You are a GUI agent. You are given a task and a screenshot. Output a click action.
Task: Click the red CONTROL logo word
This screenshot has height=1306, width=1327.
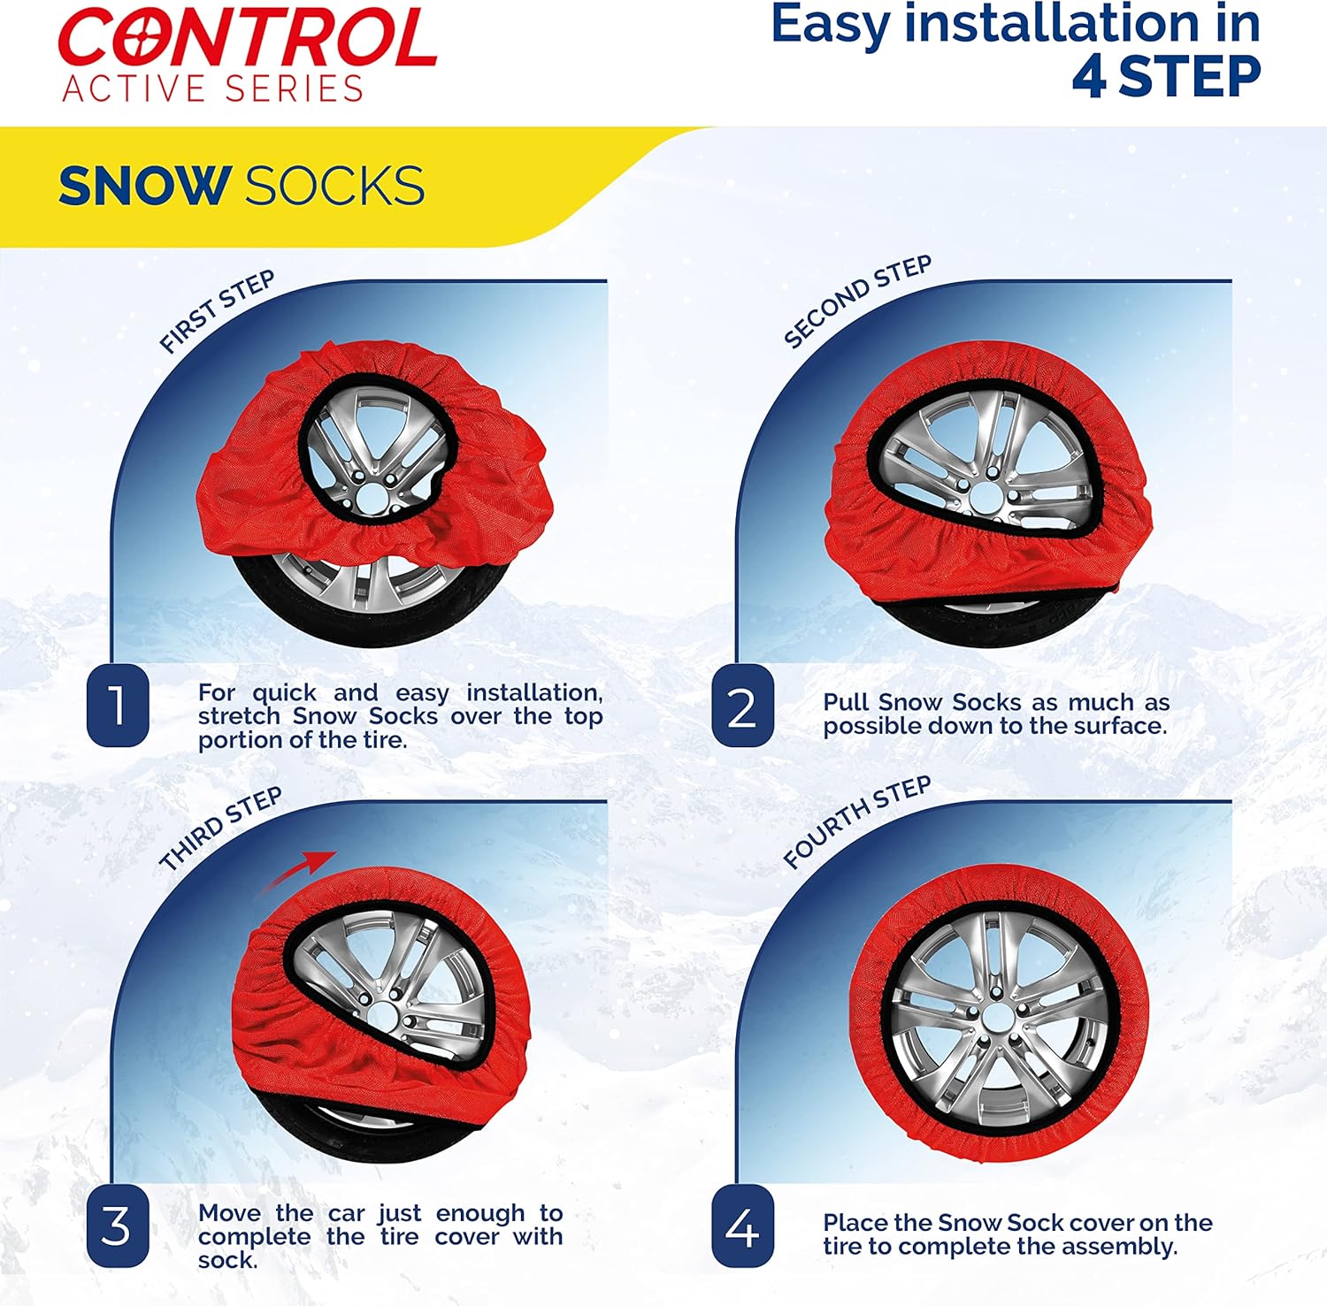click(x=247, y=38)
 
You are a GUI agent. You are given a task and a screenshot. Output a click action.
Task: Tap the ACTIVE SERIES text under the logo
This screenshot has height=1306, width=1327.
click(x=213, y=89)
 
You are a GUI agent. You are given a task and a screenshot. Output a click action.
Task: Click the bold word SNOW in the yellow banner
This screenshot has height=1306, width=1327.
click(x=145, y=186)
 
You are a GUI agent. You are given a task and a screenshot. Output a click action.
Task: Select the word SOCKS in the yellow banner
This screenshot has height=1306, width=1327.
click(x=334, y=186)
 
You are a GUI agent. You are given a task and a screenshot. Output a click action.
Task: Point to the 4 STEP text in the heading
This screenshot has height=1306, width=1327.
click(x=1166, y=76)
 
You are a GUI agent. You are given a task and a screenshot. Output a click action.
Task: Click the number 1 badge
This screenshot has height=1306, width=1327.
click(x=118, y=706)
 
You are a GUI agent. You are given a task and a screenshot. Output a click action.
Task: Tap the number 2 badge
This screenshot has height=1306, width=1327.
click(x=742, y=706)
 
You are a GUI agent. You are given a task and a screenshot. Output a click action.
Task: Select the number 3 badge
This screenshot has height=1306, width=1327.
click(x=118, y=1226)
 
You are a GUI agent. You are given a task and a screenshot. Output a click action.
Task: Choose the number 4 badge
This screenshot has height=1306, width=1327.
click(x=742, y=1226)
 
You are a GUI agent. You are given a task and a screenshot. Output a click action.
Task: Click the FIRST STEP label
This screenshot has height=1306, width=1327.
click(x=217, y=311)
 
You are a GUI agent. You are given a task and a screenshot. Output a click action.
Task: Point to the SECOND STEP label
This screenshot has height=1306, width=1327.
click(x=857, y=301)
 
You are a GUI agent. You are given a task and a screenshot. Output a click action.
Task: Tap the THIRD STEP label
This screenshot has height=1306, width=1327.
click(x=220, y=829)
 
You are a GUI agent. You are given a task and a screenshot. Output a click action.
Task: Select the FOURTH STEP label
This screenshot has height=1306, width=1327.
click(x=856, y=821)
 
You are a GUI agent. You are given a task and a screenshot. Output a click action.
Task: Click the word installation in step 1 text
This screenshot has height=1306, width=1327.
click(x=534, y=693)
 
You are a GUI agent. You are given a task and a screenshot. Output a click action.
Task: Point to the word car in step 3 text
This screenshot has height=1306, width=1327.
click(x=347, y=1213)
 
